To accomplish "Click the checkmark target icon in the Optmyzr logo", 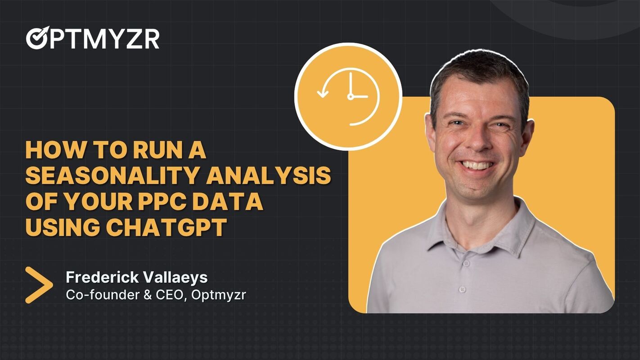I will click(x=36, y=39).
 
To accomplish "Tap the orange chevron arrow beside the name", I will click(x=39, y=284).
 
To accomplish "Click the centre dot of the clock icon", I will click(x=350, y=96).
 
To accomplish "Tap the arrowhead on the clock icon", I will click(x=323, y=94).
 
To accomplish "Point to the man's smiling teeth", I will click(x=478, y=165).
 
